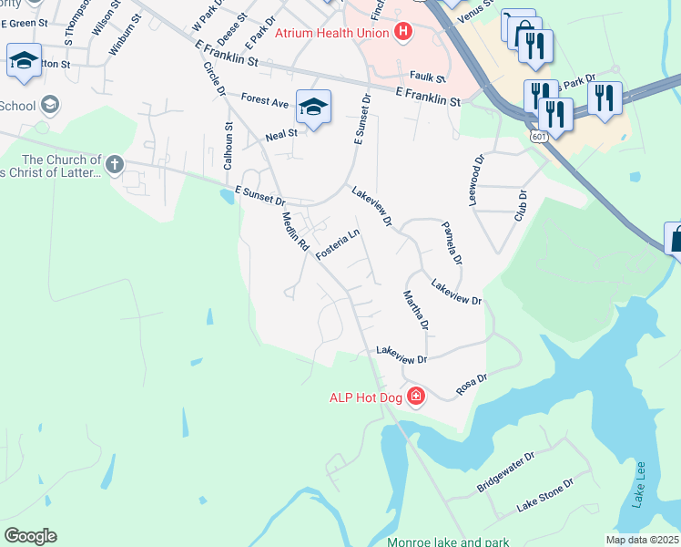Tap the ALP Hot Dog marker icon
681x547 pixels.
click(x=416, y=396)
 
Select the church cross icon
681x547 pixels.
click(x=114, y=165)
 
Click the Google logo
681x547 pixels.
click(x=30, y=536)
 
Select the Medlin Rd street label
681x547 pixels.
click(x=296, y=232)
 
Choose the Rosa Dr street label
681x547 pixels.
click(x=472, y=382)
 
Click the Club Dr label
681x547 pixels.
click(x=522, y=206)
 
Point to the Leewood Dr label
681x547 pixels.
click(x=475, y=180)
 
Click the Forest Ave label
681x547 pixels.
click(x=265, y=99)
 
